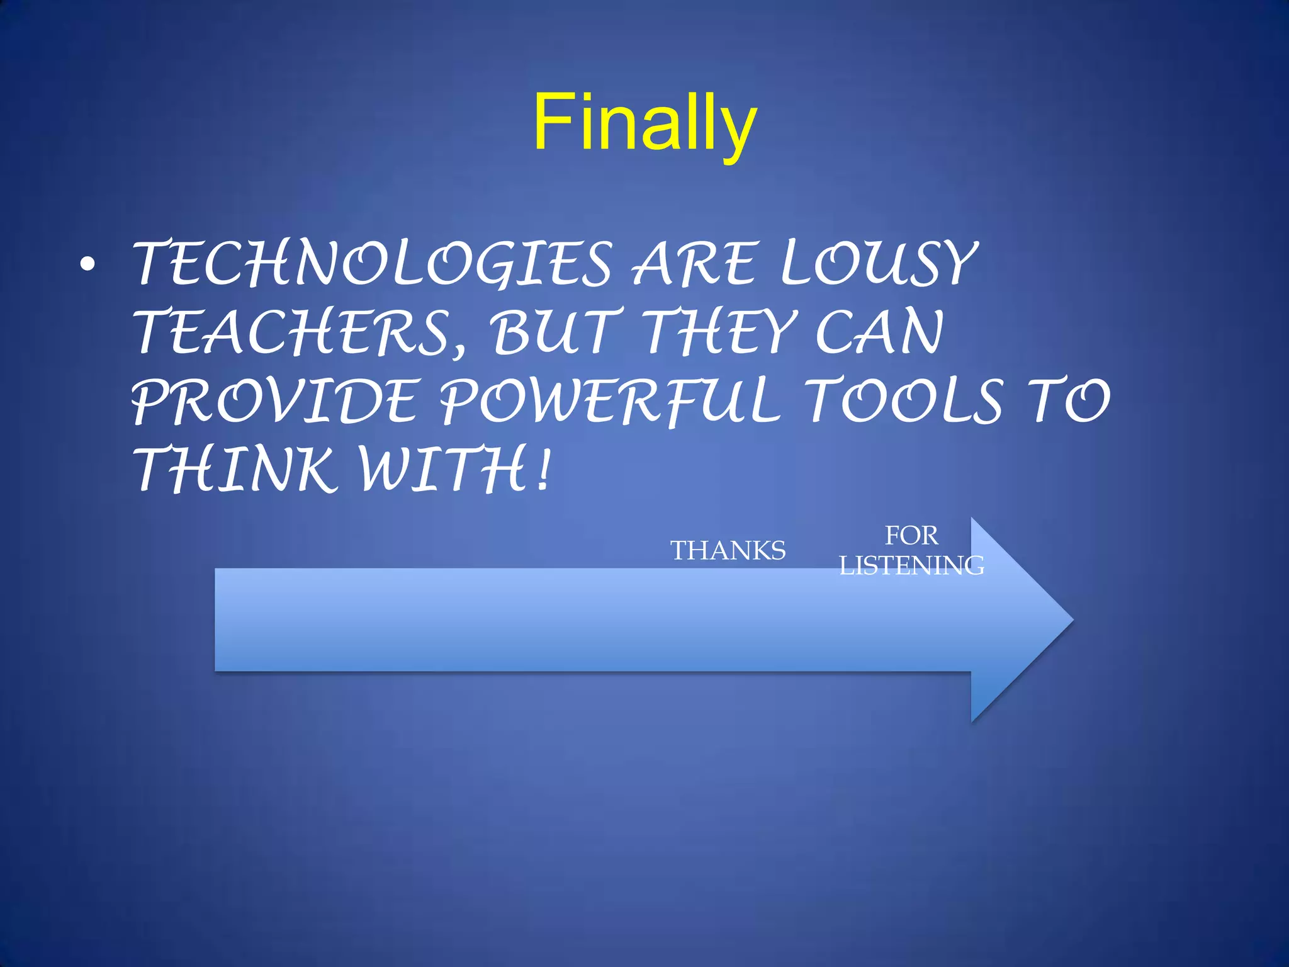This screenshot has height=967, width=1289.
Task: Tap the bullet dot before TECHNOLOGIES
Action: click(x=88, y=266)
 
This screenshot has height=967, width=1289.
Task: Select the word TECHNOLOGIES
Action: click(x=371, y=263)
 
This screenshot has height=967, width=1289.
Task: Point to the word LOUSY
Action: click(x=878, y=263)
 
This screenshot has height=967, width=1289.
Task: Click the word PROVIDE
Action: click(x=274, y=402)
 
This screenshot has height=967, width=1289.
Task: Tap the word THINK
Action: click(x=233, y=470)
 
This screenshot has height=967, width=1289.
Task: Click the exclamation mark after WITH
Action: click(x=544, y=470)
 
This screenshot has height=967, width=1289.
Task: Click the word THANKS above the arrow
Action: click(x=728, y=551)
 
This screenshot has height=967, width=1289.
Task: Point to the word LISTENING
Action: click(x=911, y=565)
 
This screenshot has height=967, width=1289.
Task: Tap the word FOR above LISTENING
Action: click(x=911, y=536)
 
